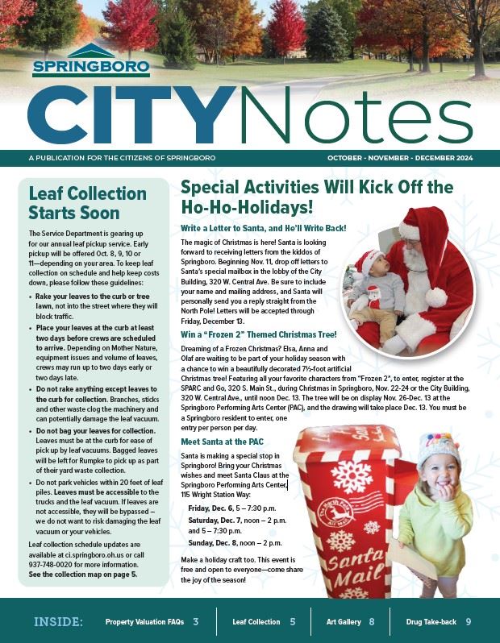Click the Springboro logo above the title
click(90, 60)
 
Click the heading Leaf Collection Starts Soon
click(87, 203)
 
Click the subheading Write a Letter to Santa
click(263, 228)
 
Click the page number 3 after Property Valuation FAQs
click(195, 621)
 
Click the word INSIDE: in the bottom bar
click(58, 621)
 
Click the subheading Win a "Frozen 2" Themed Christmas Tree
click(259, 334)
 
